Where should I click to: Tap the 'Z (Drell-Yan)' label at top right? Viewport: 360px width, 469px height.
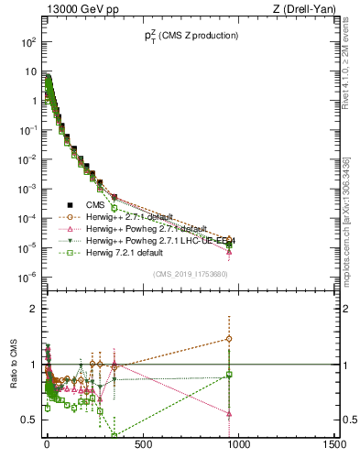point(304,8)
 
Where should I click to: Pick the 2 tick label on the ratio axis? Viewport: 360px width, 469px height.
point(33,309)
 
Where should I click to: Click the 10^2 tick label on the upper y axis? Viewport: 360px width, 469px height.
point(27,42)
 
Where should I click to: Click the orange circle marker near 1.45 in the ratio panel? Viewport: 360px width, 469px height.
point(229,339)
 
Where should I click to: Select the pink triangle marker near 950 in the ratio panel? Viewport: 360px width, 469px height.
point(229,413)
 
